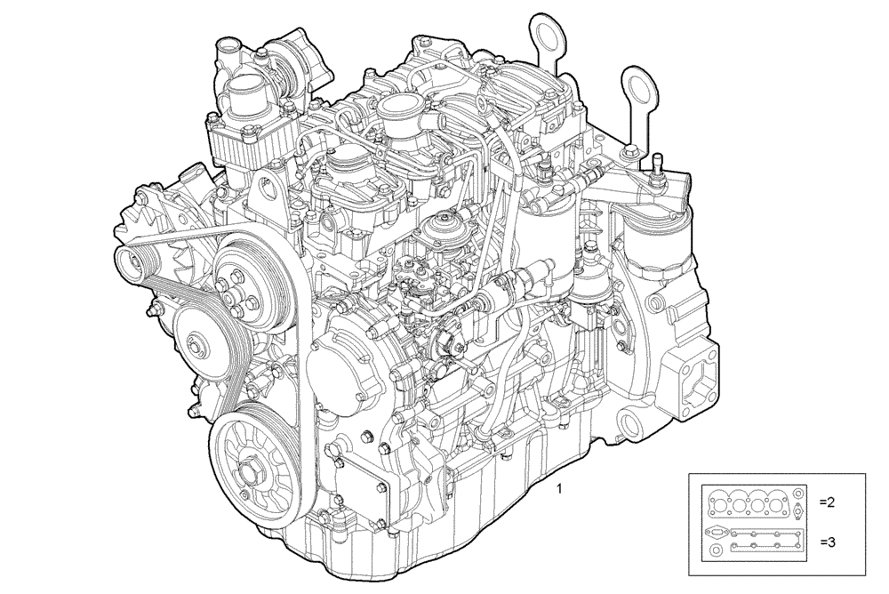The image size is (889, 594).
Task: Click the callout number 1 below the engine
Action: pos(559,488)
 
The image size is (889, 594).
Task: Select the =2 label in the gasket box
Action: pos(827,502)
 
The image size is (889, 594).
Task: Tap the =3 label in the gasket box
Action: pos(827,541)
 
